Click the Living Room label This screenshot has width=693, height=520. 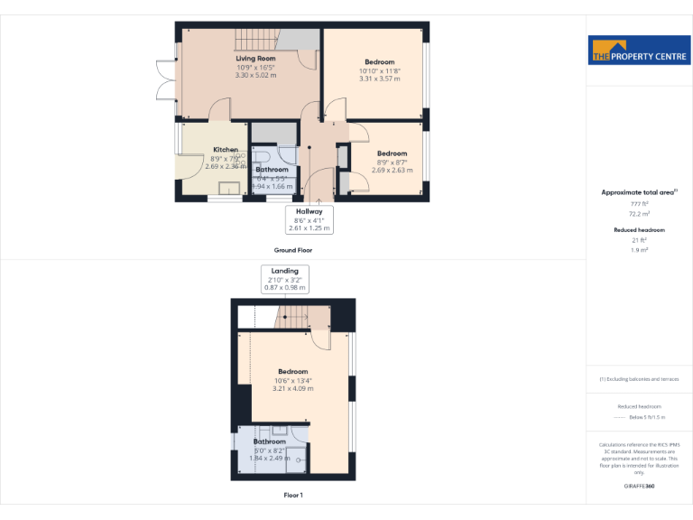point(255,58)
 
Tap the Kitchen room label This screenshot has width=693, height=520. point(226,149)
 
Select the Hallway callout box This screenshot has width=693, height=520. point(309,219)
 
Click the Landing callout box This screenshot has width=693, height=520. point(285,278)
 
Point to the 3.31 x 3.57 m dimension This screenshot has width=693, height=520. point(379,79)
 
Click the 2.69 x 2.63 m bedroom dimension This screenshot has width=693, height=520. point(392,170)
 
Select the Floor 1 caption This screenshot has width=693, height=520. point(293,495)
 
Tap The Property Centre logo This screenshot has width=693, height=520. point(639,51)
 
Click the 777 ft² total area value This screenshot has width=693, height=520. point(639,204)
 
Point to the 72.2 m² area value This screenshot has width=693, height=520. point(639,215)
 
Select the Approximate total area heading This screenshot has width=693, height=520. point(639,192)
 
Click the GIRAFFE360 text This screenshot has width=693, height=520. point(639,487)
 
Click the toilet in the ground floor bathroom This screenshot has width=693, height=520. point(287,154)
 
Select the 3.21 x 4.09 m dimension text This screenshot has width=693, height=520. point(293,388)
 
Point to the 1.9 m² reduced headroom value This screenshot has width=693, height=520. point(639,249)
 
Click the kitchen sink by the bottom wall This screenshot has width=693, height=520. point(228,188)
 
